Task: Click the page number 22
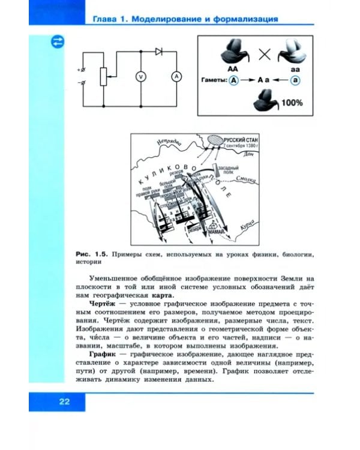pyautogui.click(x=65, y=402)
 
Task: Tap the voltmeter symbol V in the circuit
pyautogui.click(x=139, y=76)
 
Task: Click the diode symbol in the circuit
pyautogui.click(x=158, y=52)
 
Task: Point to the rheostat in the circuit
pyautogui.click(x=103, y=77)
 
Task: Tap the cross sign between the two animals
pyautogui.click(x=264, y=55)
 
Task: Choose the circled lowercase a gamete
pyautogui.click(x=295, y=80)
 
